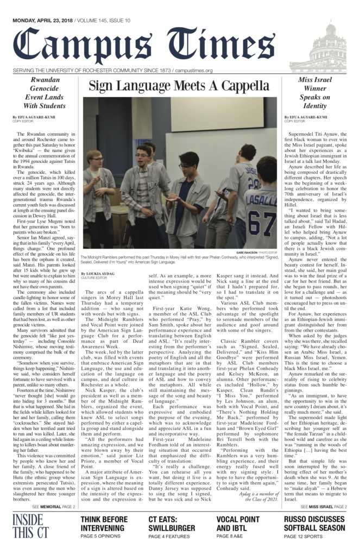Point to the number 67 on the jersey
(262, 222)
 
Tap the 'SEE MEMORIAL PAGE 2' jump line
(53, 507)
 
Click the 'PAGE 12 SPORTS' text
(302, 537)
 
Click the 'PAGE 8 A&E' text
(232, 537)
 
